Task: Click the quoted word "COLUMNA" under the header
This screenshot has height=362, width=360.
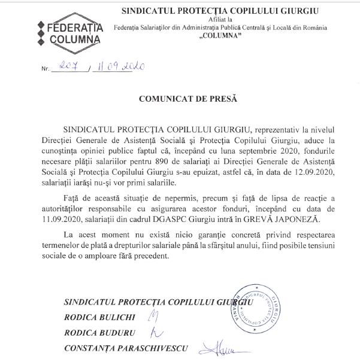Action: [x=219, y=36]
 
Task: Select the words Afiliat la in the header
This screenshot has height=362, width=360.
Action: [x=220, y=19]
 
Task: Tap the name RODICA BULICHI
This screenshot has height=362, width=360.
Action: [x=101, y=317]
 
